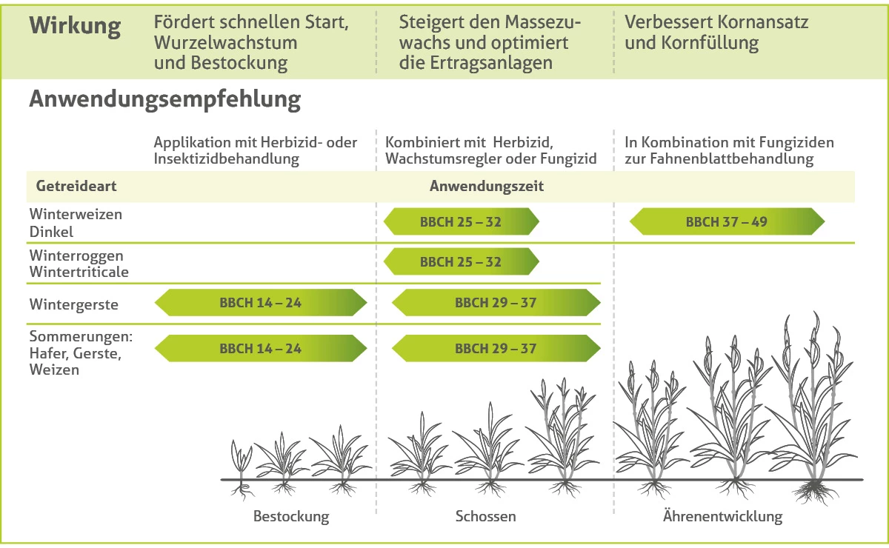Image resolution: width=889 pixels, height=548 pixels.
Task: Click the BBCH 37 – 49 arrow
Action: (x=727, y=221)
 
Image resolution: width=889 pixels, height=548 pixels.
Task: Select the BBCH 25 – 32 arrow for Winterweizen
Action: (x=461, y=221)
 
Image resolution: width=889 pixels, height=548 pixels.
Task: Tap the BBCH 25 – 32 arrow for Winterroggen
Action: (x=461, y=262)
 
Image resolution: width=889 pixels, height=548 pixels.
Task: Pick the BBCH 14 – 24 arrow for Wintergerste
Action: (x=260, y=303)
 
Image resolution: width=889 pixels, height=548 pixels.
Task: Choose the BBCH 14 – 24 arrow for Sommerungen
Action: (x=260, y=348)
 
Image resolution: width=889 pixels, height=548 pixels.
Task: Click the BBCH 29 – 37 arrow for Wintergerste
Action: (x=496, y=303)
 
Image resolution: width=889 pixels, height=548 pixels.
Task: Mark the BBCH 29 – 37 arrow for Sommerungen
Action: (x=496, y=348)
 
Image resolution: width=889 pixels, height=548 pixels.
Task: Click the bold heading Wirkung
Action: (x=75, y=26)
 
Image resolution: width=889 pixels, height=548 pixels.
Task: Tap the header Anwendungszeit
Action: (x=487, y=187)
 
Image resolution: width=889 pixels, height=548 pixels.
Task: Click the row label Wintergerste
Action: (x=74, y=304)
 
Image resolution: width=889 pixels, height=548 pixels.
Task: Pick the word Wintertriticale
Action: (x=79, y=272)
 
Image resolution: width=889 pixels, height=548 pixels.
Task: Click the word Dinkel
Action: (x=51, y=232)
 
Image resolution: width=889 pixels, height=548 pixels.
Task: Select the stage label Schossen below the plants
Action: (x=485, y=516)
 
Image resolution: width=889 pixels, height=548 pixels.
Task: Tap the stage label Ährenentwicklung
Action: (x=722, y=516)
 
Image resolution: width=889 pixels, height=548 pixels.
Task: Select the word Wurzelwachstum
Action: (x=225, y=42)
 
